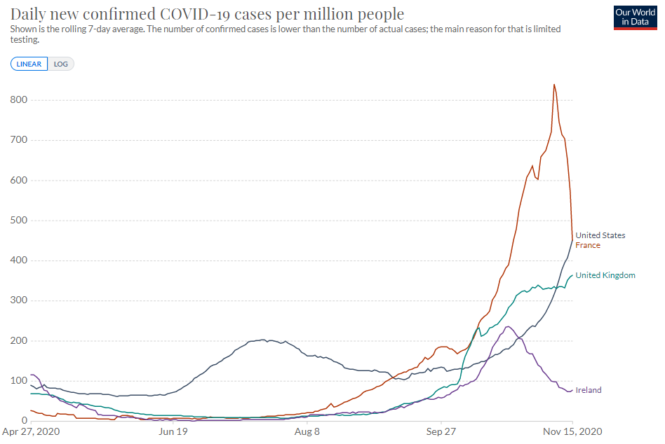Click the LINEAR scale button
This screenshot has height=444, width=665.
click(29, 64)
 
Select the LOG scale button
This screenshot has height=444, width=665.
click(61, 64)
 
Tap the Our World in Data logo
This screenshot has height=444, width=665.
click(635, 16)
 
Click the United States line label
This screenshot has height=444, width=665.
click(600, 235)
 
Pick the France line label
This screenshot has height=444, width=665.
click(588, 245)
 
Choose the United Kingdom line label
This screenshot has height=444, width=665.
click(605, 275)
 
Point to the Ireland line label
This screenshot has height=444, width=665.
click(589, 390)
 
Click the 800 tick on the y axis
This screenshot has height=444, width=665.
click(18, 100)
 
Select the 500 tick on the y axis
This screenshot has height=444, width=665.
click(18, 221)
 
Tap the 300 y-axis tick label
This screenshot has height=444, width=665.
click(18, 301)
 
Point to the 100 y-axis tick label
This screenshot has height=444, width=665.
click(18, 381)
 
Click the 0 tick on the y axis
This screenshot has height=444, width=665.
click(23, 421)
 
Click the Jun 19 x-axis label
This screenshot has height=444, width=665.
click(173, 433)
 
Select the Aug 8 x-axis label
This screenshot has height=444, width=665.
click(307, 433)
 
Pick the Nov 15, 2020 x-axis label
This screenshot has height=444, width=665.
click(572, 433)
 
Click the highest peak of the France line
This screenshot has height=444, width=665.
click(554, 85)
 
